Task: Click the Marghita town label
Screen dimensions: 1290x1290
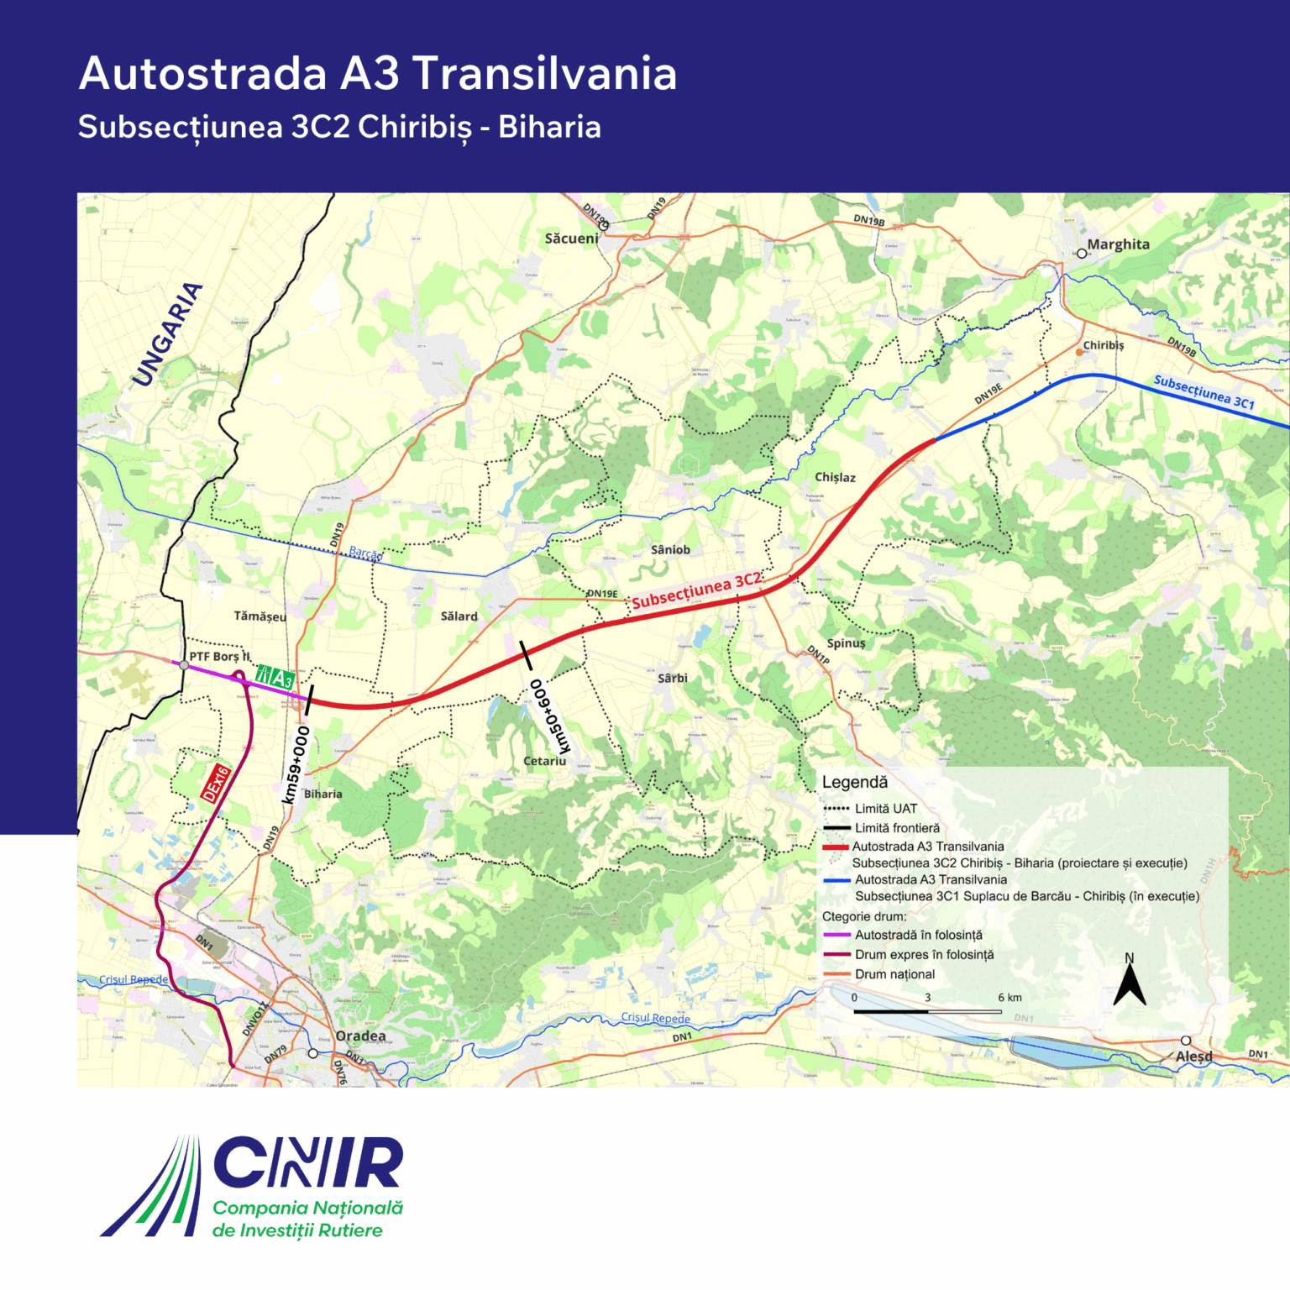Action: pos(1118,244)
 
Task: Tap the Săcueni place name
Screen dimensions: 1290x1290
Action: pos(571,239)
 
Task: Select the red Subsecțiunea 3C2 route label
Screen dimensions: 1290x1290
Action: pos(696,590)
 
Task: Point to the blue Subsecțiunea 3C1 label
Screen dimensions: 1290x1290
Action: pos(1203,392)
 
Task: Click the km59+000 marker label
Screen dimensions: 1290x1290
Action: pos(296,764)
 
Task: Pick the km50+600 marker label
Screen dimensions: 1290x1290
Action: pos(549,716)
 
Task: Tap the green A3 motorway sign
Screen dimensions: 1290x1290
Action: pos(275,676)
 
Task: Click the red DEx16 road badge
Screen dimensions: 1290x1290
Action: pos(216,784)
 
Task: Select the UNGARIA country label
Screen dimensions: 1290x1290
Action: pos(168,334)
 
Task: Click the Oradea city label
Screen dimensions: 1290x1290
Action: pos(360,1036)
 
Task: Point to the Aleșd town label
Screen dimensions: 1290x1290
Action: pos(1193,1056)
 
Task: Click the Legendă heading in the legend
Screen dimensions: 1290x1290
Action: pos(854,782)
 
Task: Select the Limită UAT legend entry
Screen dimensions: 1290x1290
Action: pos(885,809)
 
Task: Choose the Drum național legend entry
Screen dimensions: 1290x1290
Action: pos(894,974)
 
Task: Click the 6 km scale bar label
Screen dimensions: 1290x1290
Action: pos(1009,998)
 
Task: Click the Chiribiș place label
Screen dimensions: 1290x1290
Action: pos(1103,345)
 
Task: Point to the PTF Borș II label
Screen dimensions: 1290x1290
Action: pos(219,656)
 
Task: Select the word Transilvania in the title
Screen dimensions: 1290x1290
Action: pos(544,73)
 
